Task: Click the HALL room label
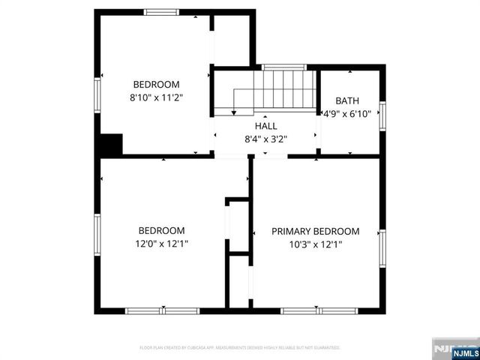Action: point(265,126)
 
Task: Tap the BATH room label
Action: point(347,100)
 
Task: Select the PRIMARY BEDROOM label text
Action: point(315,231)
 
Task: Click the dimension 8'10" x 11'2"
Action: point(157,97)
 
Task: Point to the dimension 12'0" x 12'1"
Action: point(161,244)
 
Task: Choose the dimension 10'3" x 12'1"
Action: point(315,244)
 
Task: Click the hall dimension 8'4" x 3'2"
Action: point(265,138)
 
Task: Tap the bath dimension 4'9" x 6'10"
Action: point(347,113)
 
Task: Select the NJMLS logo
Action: point(454,350)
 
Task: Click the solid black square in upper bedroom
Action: point(112,144)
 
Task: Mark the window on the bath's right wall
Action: point(382,114)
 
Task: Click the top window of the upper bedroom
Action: point(162,12)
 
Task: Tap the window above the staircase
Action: point(283,67)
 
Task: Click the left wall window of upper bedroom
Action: point(97,95)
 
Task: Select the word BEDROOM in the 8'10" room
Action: point(157,84)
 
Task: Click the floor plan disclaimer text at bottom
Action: point(240,348)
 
